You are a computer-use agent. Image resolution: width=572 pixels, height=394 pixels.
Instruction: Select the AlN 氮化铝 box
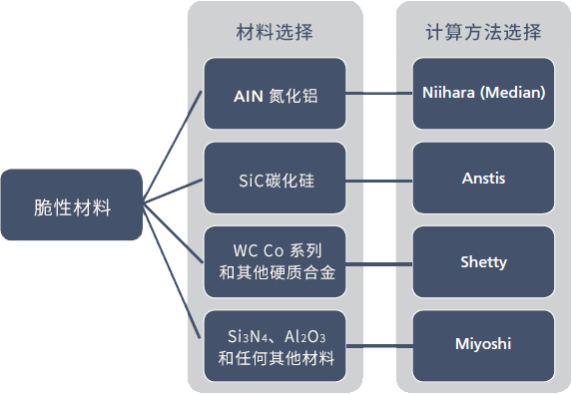(x=275, y=95)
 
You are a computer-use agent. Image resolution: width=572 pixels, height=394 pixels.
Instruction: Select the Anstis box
(x=483, y=179)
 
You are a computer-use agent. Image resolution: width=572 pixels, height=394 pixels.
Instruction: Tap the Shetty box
(x=483, y=262)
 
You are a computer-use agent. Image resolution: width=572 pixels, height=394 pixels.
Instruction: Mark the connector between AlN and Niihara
(x=379, y=96)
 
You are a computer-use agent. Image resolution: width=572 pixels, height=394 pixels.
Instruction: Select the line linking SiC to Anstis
(x=379, y=180)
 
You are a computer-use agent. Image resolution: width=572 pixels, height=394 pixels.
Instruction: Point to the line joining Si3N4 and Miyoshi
(x=379, y=344)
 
